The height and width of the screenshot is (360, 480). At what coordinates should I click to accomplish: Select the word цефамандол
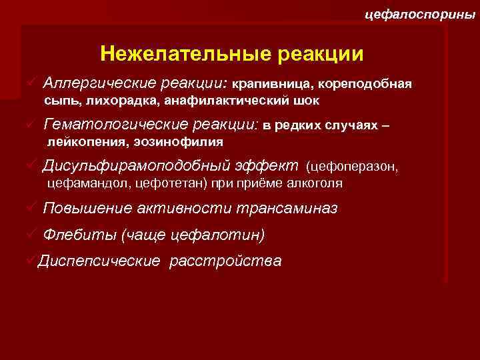click(79, 183)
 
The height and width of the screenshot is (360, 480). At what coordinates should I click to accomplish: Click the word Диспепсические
click(99, 260)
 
